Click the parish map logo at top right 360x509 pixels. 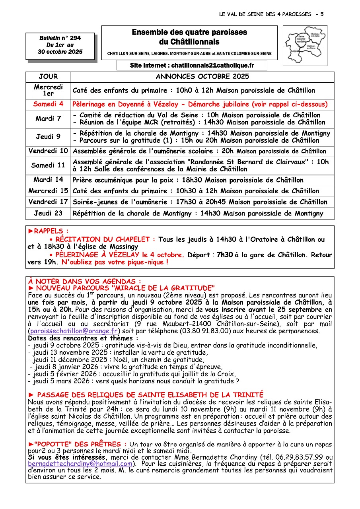[x=305, y=45]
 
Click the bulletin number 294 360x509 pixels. [x=75, y=38]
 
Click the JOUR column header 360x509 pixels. [x=48, y=77]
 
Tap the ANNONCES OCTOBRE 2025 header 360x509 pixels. [x=202, y=77]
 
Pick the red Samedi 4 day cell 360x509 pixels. [x=48, y=105]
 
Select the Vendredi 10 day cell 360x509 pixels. [x=48, y=151]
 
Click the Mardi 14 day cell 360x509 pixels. [x=48, y=180]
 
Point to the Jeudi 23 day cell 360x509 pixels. [x=48, y=213]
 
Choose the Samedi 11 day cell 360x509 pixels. [x=48, y=165]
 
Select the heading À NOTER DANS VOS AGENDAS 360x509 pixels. [x=84, y=281]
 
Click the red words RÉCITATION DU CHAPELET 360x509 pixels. [x=105, y=239]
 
